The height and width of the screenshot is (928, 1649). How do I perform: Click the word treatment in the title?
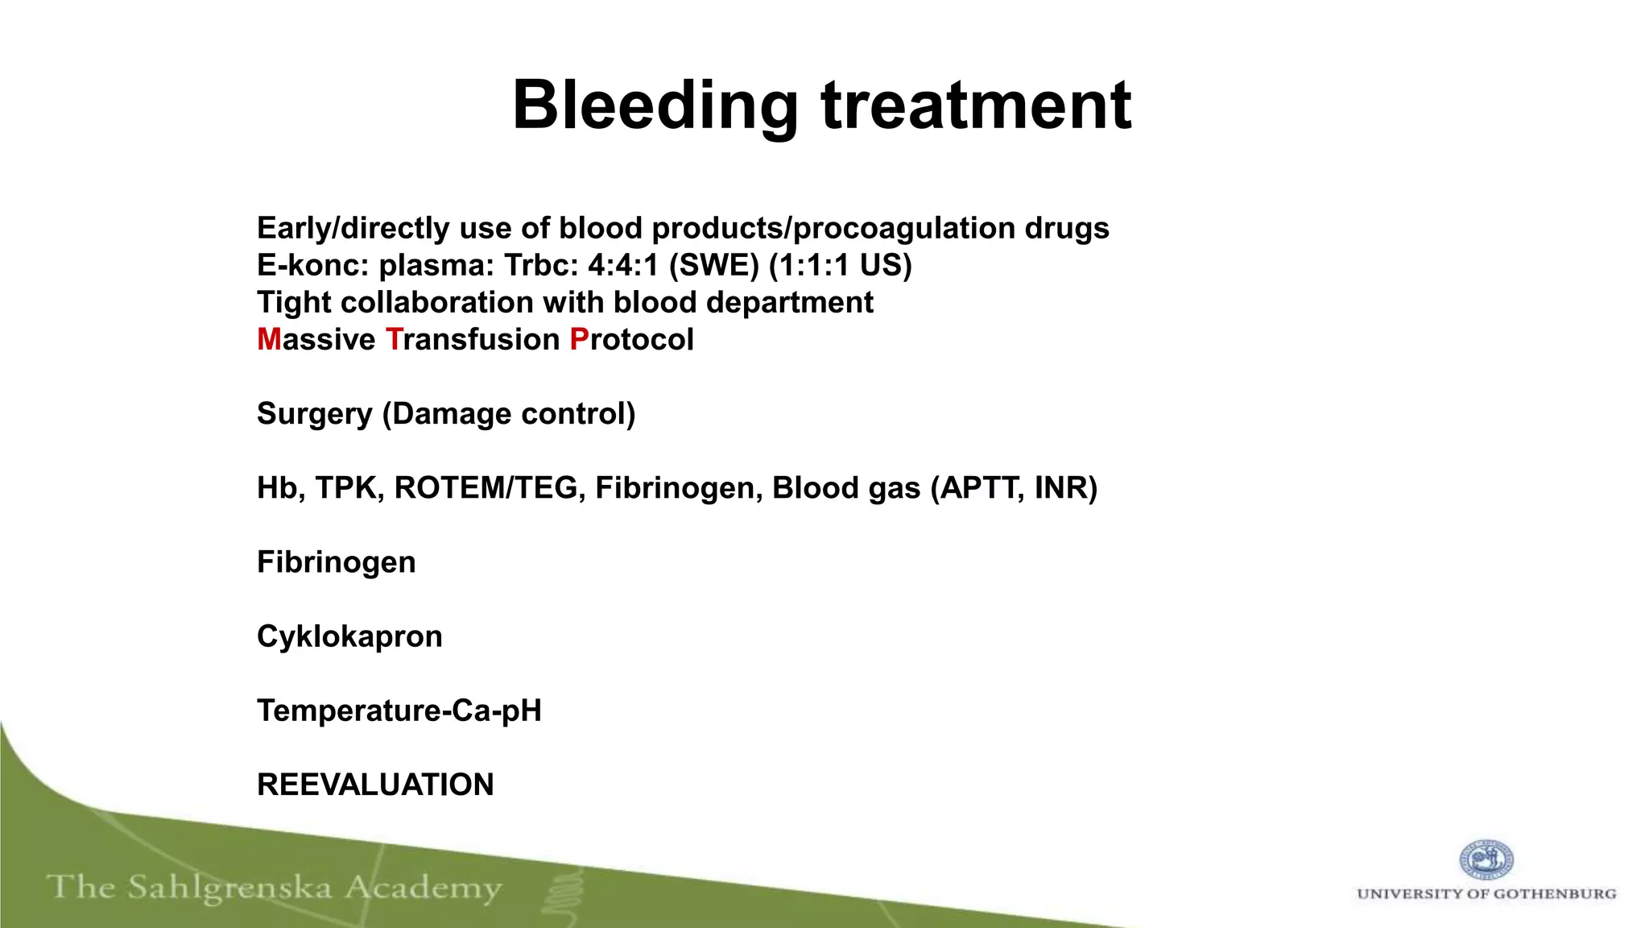click(x=976, y=106)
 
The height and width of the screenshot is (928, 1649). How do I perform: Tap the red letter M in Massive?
click(x=269, y=340)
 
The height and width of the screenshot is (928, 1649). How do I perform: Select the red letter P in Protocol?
click(x=579, y=340)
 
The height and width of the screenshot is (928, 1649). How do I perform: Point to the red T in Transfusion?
click(x=394, y=340)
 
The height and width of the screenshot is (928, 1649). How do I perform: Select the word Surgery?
click(x=314, y=414)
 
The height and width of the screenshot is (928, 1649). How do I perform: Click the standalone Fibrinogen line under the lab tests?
click(x=337, y=562)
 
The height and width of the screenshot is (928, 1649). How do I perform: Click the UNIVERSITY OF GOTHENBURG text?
click(x=1486, y=893)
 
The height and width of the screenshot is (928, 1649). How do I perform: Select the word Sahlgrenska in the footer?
click(x=229, y=889)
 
